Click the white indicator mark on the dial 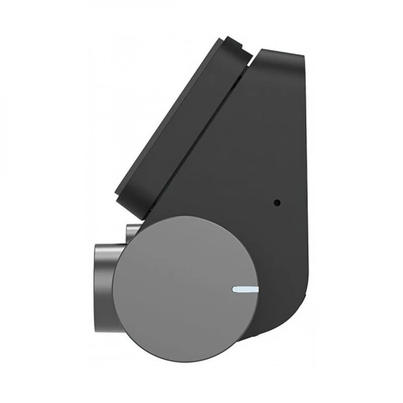(x=245, y=289)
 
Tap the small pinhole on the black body (x=277, y=203)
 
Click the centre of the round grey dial (x=185, y=289)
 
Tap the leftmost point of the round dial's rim (x=112, y=289)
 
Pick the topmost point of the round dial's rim (x=185, y=216)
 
